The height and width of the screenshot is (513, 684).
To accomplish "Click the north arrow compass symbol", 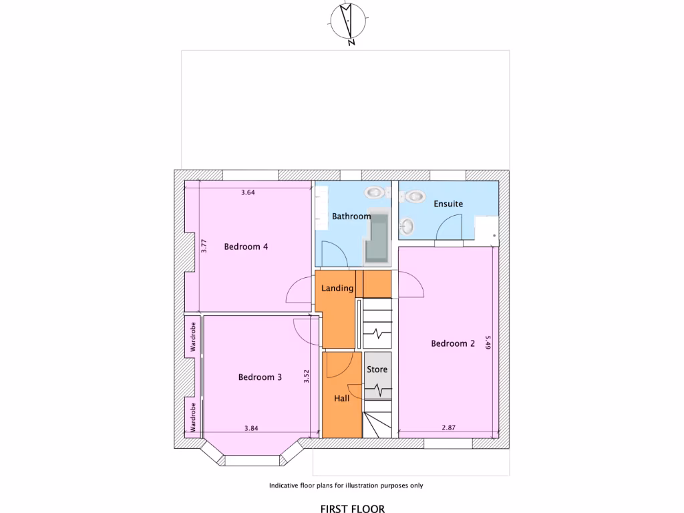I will [347, 21].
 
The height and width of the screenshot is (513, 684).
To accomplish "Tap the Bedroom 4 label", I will [246, 246].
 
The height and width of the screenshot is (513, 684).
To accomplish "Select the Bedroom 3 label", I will [260, 377].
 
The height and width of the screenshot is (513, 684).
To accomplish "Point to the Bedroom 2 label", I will [453, 344].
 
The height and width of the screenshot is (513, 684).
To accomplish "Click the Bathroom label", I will [351, 216].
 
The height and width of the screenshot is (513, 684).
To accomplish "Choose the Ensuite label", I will [448, 204].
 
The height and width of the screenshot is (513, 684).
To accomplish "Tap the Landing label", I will [337, 289].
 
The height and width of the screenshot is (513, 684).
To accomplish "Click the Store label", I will [377, 369].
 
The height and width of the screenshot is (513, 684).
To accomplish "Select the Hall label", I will [342, 399].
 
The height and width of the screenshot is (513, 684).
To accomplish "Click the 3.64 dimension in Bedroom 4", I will [248, 193].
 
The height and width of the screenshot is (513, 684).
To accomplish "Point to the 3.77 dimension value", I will [205, 246].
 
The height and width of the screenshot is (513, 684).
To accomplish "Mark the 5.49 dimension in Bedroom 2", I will [488, 343].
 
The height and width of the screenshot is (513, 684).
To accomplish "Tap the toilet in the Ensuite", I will [417, 197].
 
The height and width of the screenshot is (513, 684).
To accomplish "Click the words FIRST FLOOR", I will [353, 509].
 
